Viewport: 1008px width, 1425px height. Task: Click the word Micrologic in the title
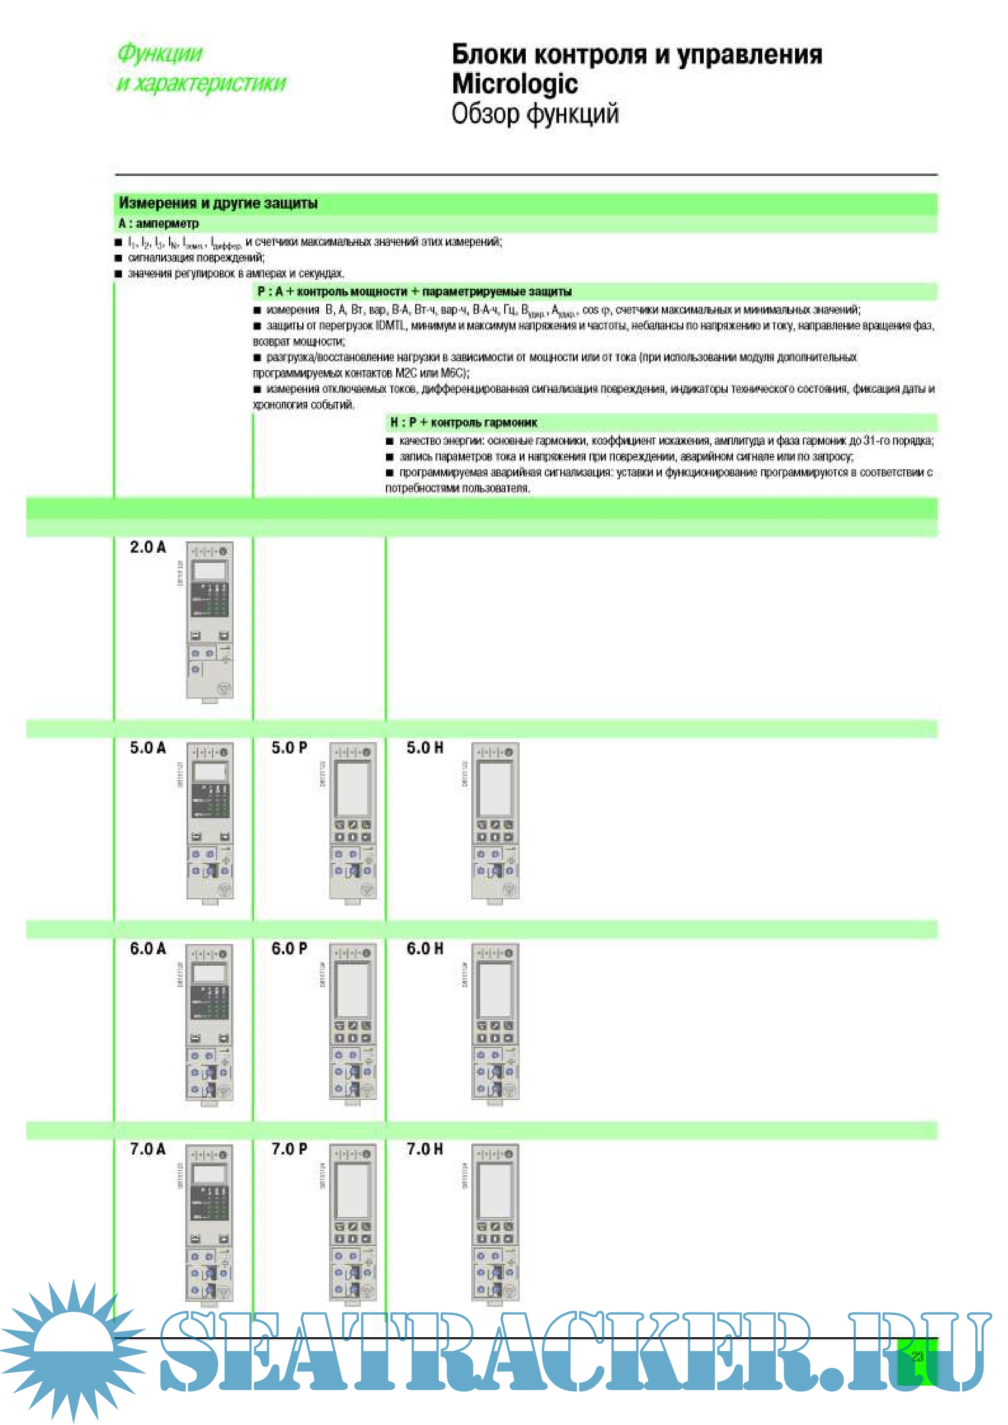514,84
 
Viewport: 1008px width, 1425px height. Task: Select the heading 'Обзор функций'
535,114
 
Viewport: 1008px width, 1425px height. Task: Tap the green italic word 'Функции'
160,53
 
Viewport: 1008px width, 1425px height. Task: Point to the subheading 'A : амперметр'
158,223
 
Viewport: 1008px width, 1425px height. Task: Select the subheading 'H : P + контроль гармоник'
463,422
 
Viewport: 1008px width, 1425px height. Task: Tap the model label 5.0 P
289,748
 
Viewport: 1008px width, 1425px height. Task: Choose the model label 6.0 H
425,949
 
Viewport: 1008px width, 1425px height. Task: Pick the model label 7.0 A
148,1149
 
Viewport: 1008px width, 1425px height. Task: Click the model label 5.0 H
425,748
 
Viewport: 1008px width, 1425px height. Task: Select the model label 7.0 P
289,1149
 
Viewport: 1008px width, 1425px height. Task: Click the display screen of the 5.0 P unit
352,788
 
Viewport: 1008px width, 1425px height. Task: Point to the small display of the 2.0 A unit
210,570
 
